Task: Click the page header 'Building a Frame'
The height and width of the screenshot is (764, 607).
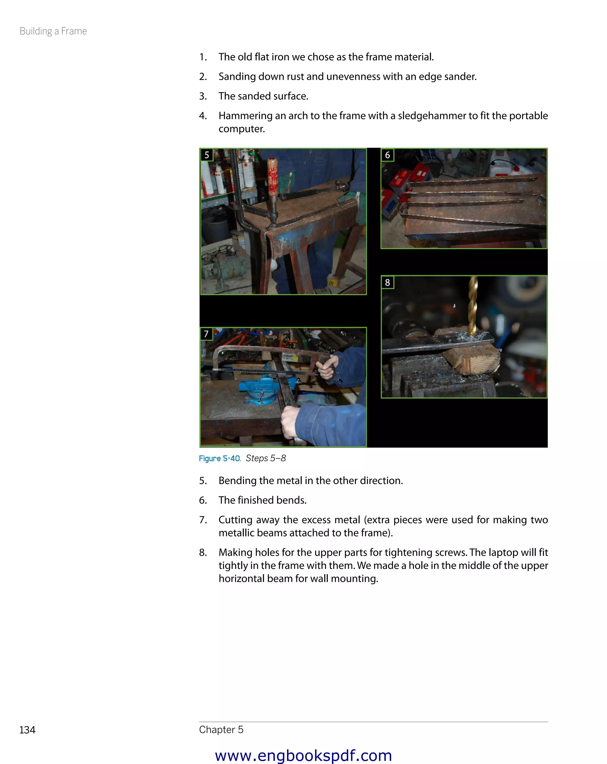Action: (x=53, y=31)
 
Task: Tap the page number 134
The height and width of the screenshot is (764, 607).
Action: (x=27, y=730)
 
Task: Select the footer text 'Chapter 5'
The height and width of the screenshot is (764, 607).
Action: (x=221, y=729)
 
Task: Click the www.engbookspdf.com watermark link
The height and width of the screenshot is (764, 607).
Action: (x=303, y=755)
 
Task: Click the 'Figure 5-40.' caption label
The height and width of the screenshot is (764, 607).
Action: (x=220, y=458)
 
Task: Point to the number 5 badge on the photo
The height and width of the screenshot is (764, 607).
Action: (x=207, y=155)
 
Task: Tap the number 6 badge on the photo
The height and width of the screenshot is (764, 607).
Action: (x=387, y=155)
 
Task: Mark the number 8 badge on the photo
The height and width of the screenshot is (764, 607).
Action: (x=387, y=282)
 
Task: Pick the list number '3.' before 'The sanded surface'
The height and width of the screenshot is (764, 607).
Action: (x=203, y=96)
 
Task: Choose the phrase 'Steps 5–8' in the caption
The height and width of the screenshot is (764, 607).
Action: (x=266, y=458)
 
